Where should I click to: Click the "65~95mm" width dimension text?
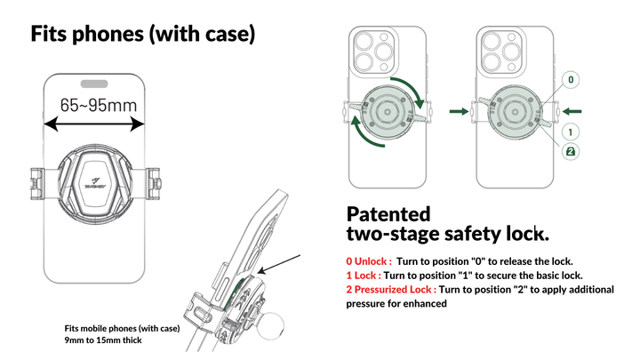99,105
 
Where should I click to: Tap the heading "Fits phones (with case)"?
143,35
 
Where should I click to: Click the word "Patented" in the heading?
388,214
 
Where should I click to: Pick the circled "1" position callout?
570,131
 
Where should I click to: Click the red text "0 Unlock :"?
369,261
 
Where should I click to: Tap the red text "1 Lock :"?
364,276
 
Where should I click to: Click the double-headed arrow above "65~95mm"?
94,125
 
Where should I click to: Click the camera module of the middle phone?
374,52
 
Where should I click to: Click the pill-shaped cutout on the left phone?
94,83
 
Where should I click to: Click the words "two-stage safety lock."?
446,234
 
